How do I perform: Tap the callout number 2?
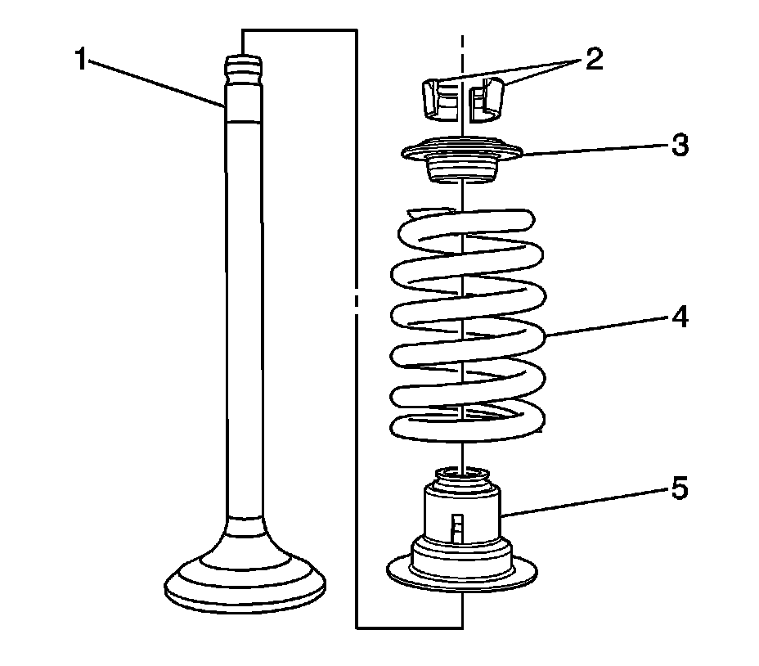point(593,60)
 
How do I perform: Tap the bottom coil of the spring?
point(462,425)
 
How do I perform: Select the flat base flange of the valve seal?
point(462,573)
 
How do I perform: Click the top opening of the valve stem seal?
point(462,473)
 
